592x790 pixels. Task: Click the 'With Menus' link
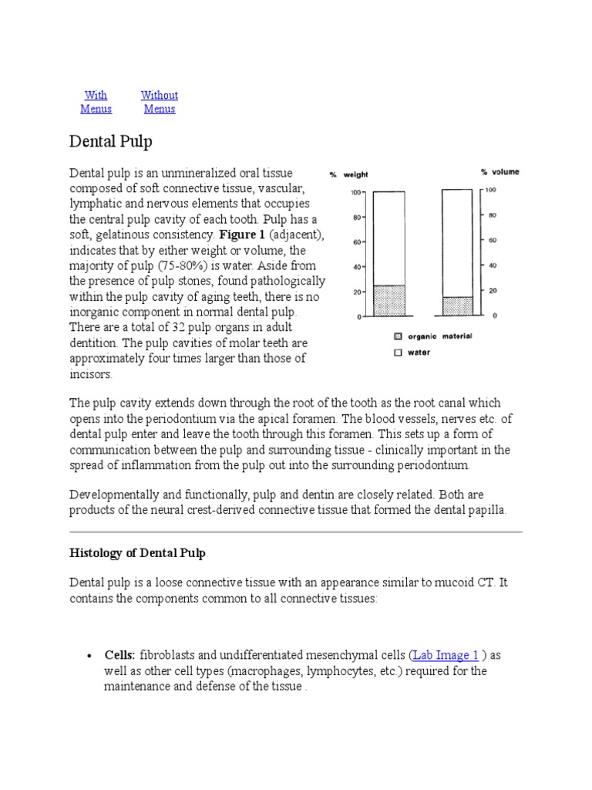96,102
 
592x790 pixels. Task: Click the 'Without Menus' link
159,102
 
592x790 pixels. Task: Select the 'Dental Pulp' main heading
111,141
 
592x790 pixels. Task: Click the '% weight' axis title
349,174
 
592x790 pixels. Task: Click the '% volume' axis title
500,172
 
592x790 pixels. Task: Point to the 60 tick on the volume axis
491,241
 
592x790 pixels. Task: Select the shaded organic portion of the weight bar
388,300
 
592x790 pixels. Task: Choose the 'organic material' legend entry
436,336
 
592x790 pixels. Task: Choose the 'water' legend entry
417,353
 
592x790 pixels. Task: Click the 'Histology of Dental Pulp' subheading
138,553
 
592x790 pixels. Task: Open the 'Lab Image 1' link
446,655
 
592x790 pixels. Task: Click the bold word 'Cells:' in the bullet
120,655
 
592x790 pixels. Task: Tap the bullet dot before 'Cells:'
89,656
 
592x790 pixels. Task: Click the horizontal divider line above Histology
296,532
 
